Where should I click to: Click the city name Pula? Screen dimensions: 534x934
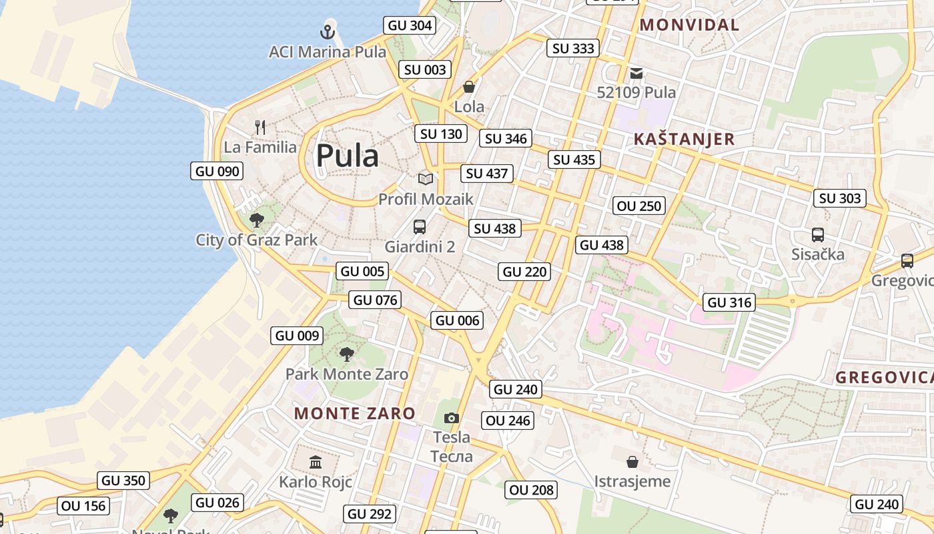click(347, 156)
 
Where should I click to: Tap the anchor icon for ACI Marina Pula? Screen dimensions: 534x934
click(327, 31)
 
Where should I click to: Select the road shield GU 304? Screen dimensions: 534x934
click(410, 25)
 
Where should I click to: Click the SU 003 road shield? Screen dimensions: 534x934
click(425, 69)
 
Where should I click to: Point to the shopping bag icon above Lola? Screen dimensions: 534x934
click(469, 87)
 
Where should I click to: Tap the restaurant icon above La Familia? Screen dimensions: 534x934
click(260, 127)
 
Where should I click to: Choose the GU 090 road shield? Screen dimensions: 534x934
click(217, 171)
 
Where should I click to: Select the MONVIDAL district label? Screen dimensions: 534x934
click(689, 25)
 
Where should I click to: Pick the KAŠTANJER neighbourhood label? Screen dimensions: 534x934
click(684, 140)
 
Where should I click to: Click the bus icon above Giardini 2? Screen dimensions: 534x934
click(420, 226)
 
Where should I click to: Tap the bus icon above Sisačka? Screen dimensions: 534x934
click(817, 234)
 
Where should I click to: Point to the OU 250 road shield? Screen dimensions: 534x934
click(640, 206)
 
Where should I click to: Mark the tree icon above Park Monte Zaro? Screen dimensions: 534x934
click(346, 354)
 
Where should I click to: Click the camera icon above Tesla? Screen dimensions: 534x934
click(452, 418)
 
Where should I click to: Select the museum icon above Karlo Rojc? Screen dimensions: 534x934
click(316, 462)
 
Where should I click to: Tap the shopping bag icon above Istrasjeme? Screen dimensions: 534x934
click(632, 461)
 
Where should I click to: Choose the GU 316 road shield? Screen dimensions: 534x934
click(730, 302)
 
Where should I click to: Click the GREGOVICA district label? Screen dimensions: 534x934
click(883, 377)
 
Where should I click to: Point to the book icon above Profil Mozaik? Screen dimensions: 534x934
click(426, 178)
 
